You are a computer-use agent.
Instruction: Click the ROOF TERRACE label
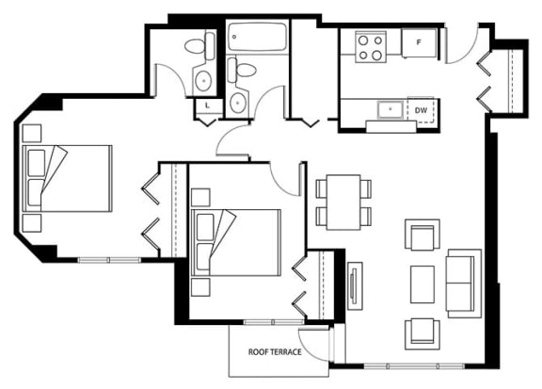(x=275, y=352)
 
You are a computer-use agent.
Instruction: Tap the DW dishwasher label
(x=421, y=110)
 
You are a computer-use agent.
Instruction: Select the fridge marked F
(x=419, y=43)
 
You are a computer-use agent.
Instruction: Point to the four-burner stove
(x=371, y=47)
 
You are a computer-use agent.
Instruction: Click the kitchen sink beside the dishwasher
(x=391, y=109)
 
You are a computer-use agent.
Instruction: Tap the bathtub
(x=257, y=37)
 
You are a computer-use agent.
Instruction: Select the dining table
(x=343, y=203)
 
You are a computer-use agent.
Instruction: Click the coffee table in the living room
(x=422, y=284)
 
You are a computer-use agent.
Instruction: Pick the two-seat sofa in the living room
(x=464, y=284)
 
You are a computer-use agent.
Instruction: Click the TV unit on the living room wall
(x=355, y=286)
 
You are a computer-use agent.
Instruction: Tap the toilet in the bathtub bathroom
(x=242, y=70)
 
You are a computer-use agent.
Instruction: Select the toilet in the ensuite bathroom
(x=199, y=46)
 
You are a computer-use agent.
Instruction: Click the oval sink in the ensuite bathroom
(x=203, y=80)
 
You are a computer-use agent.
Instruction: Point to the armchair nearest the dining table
(x=422, y=235)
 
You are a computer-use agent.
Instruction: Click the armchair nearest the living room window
(x=422, y=334)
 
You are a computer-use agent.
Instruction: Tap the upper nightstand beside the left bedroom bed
(x=32, y=133)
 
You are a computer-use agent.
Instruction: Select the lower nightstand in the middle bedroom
(x=200, y=287)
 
